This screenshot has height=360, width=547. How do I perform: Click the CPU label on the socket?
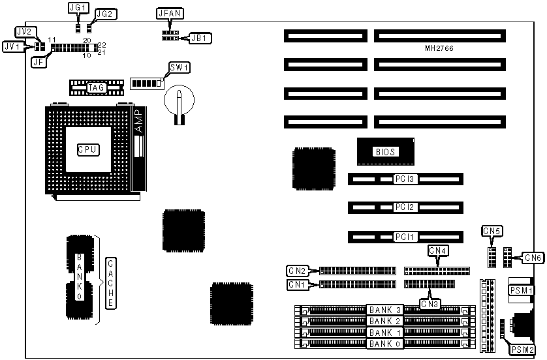(x=87, y=149)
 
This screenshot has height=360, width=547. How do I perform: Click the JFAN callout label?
(x=167, y=13)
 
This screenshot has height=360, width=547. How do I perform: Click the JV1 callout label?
(x=12, y=46)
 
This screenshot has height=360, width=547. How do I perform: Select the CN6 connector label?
(x=533, y=258)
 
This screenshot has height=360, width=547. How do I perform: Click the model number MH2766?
(x=439, y=49)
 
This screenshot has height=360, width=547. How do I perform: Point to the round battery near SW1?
(x=180, y=100)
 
